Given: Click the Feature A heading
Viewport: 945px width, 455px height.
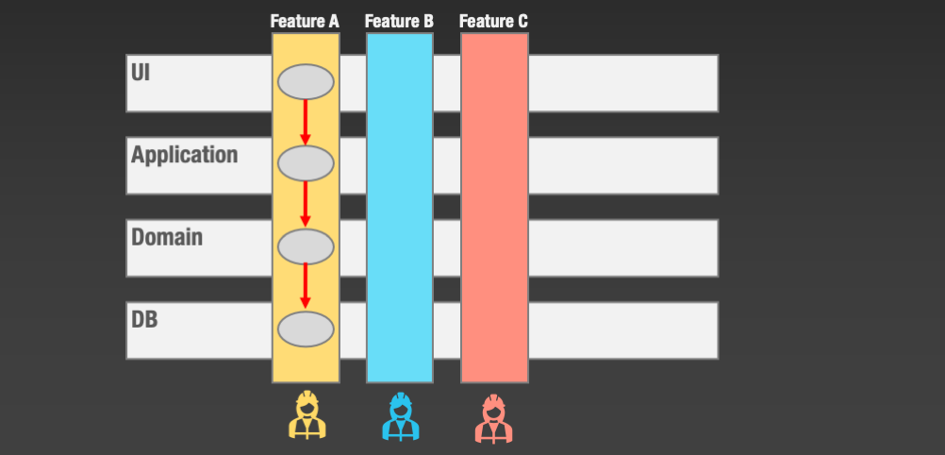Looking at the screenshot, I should tap(305, 21).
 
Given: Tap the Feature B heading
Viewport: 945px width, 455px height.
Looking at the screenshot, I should tap(399, 21).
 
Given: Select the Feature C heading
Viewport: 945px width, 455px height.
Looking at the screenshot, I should tap(493, 21).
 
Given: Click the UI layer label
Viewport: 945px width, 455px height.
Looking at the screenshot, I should tap(141, 72).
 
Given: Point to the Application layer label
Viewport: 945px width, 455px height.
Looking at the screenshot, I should tap(184, 155).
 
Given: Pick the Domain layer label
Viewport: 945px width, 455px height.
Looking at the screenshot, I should tap(167, 237).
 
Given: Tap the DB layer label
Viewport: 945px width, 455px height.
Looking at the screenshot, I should tap(144, 319).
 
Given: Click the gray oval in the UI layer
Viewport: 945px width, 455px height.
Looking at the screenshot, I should tap(306, 82).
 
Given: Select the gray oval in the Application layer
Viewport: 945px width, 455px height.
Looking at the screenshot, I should tap(306, 163).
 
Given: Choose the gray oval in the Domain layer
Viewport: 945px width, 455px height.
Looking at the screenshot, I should tap(306, 246).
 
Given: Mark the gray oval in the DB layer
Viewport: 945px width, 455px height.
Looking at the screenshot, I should tap(306, 329).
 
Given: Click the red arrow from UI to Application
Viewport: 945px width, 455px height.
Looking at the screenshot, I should tap(306, 123).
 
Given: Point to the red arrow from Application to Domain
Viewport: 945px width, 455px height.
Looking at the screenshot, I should tap(306, 205).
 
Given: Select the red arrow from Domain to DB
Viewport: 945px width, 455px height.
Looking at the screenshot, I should tap(306, 287).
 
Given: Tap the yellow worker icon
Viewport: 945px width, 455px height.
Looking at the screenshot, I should tap(306, 416).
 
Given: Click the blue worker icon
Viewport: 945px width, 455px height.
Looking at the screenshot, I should tap(400, 416).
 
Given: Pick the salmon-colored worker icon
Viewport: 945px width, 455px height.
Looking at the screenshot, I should tap(493, 417).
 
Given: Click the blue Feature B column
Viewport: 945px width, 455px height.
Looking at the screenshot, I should tap(400, 208).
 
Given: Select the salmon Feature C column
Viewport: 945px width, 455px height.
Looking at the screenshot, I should tap(494, 208).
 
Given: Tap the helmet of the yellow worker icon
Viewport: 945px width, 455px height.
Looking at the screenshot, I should tap(306, 399).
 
